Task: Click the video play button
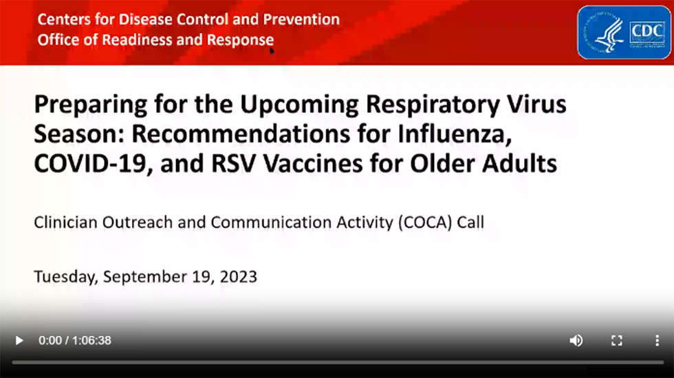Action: point(19,340)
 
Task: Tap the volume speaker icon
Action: point(576,340)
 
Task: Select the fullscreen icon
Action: point(617,340)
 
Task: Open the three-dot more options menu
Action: point(657,340)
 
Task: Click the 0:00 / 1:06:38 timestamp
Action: point(74,340)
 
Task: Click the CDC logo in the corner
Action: point(624,32)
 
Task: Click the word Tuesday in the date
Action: point(65,277)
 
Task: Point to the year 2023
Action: point(239,277)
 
